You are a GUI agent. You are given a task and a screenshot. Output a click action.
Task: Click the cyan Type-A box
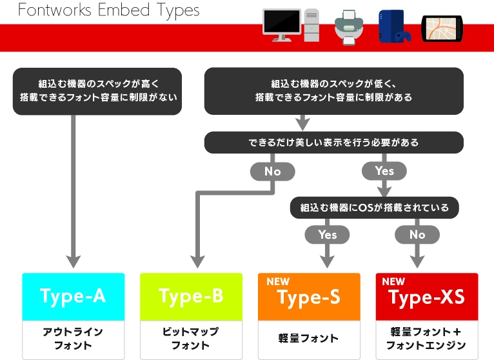pyautogui.click(x=74, y=297)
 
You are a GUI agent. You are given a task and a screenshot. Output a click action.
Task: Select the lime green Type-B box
pyautogui.click(x=192, y=297)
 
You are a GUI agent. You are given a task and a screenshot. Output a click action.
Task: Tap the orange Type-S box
pyautogui.click(x=309, y=297)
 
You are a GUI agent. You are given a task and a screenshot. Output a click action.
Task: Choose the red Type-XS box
pyautogui.click(x=427, y=297)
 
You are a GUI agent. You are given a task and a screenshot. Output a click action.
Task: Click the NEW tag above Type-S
pyautogui.click(x=278, y=281)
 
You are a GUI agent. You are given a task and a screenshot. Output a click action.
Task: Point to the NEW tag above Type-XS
pyautogui.click(x=393, y=281)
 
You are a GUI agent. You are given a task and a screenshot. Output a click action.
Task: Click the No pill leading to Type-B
pyautogui.click(x=273, y=171)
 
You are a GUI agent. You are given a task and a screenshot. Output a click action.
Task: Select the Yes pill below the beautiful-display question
pyautogui.click(x=384, y=171)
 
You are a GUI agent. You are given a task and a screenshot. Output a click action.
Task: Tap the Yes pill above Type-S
pyautogui.click(x=328, y=235)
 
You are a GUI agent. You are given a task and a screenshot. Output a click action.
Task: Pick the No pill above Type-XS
pyautogui.click(x=417, y=235)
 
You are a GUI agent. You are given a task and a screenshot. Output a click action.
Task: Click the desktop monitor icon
pyautogui.click(x=282, y=25)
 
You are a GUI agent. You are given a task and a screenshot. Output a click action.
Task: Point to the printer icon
pyautogui.click(x=349, y=28)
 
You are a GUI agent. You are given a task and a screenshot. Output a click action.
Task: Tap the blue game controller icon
pyautogui.click(x=403, y=37)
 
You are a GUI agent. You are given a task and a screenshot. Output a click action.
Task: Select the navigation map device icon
pyautogui.click(x=442, y=28)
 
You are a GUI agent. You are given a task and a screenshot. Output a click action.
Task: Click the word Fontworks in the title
pyautogui.click(x=55, y=10)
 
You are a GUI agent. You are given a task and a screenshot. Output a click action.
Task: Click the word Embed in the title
pyautogui.click(x=124, y=10)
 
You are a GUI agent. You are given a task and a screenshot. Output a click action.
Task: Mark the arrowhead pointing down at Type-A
pyautogui.click(x=74, y=262)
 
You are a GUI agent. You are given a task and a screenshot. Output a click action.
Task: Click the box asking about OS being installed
pyautogui.click(x=374, y=208)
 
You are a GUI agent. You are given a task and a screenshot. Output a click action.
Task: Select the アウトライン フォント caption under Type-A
pyautogui.click(x=73, y=338)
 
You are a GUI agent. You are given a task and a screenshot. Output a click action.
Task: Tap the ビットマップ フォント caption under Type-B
pyautogui.click(x=191, y=338)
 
